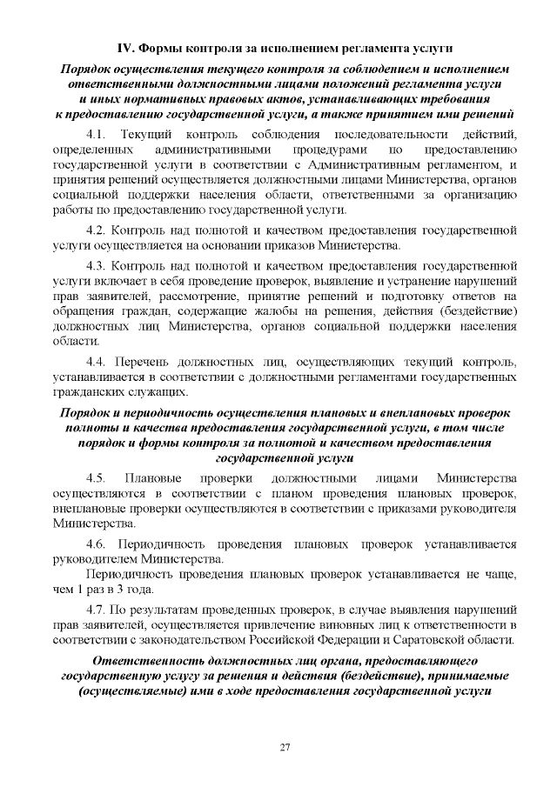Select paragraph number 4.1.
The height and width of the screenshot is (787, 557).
coord(98,134)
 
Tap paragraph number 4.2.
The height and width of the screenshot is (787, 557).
coord(98,230)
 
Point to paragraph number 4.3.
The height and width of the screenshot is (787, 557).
coord(98,264)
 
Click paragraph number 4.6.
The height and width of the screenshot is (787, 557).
coord(98,543)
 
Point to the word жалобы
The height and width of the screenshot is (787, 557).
coord(307,312)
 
